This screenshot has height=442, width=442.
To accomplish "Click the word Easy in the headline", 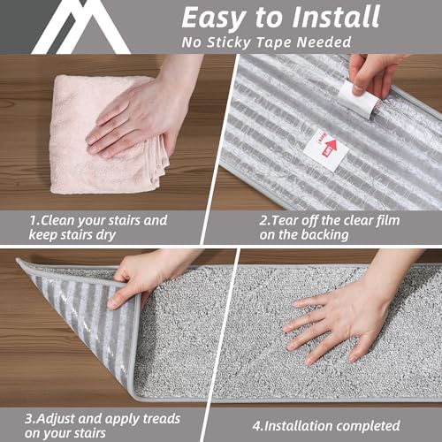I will click(x=217, y=18).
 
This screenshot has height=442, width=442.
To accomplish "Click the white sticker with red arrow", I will click(x=324, y=149).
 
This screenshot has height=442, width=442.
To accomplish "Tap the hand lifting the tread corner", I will click(x=146, y=276).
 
